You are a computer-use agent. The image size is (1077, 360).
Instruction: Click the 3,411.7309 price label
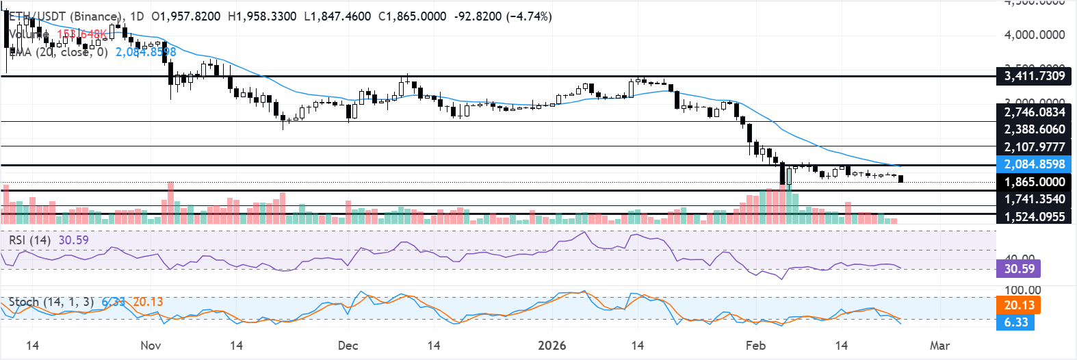pos(1034,76)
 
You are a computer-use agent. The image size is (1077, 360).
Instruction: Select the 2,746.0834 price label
pos(1034,112)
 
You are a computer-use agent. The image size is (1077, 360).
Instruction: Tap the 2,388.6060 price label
pos(1034,129)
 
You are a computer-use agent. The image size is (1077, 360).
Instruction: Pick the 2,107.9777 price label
pos(1034,147)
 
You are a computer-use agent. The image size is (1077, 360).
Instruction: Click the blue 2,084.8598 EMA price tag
pos(1034,164)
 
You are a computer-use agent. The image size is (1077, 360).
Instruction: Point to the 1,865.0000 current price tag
pos(1034,182)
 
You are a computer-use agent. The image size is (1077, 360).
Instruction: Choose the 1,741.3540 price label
pos(1034,199)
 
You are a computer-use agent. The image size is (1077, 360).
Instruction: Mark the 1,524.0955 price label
pos(1034,217)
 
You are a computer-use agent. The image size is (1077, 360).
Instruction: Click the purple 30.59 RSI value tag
pos(1019,269)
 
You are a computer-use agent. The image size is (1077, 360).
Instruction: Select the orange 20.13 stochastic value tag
pos(1019,305)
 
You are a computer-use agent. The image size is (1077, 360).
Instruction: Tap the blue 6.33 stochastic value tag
pos(1016,322)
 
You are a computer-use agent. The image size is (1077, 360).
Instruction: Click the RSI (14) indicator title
pos(29,240)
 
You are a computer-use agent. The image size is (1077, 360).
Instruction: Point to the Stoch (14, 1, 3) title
pos(51,302)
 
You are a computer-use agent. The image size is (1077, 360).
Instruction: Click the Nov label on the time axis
pos(151,346)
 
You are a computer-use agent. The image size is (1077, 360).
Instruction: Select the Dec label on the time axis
pos(348,346)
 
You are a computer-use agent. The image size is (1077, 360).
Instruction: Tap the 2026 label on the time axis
pos(552,346)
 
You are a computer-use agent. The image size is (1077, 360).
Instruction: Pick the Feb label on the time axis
pos(755,346)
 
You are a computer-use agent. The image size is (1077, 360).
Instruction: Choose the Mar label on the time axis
pos(939,346)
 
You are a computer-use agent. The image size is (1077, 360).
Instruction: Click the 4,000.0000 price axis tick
pos(1034,35)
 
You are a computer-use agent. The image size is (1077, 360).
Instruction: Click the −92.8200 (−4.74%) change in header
pos(502,16)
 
